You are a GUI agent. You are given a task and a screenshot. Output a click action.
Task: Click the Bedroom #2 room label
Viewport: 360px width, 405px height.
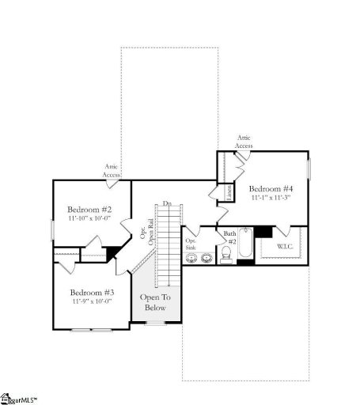pyautogui.click(x=89, y=209)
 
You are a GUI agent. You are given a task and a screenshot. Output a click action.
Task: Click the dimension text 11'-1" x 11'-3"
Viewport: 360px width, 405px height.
pyautogui.click(x=271, y=199)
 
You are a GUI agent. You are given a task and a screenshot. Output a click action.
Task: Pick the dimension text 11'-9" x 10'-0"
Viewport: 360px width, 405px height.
pyautogui.click(x=90, y=301)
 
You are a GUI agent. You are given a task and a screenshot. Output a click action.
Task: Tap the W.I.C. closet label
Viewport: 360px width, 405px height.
pyautogui.click(x=285, y=247)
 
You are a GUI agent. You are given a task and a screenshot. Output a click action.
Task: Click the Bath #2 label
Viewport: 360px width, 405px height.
pyautogui.click(x=229, y=237)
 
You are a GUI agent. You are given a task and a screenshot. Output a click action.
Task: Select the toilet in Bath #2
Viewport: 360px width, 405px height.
pyautogui.click(x=226, y=253)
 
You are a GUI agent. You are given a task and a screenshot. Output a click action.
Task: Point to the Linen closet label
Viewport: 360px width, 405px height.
pyautogui.click(x=228, y=193)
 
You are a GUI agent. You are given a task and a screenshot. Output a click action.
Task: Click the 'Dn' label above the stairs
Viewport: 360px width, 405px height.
pyautogui.click(x=167, y=204)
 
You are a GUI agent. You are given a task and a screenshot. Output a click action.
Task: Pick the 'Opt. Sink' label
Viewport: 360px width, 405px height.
pyautogui.click(x=191, y=244)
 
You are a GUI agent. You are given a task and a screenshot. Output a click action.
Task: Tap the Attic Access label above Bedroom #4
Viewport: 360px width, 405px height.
pyautogui.click(x=244, y=142)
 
